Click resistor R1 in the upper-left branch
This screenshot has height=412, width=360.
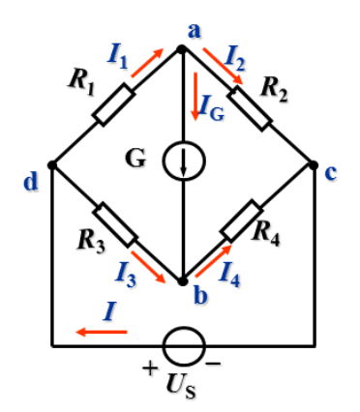click(117, 105)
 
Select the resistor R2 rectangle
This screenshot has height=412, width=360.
click(251, 106)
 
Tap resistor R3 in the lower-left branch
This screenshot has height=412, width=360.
click(117, 223)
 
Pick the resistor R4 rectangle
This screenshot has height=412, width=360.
click(244, 223)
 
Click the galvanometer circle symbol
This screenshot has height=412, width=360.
click(183, 162)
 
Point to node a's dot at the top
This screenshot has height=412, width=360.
click(183, 45)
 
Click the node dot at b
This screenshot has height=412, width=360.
click(183, 281)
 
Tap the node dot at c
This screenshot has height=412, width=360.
click(315, 164)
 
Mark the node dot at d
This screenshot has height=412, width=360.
click(51, 164)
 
